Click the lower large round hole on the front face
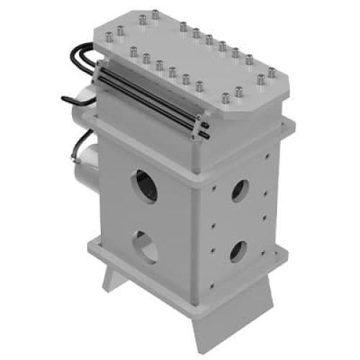tap(148, 249)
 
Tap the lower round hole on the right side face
tap(237, 250)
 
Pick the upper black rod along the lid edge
tap(151, 93)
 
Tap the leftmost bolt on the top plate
tap(105, 33)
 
